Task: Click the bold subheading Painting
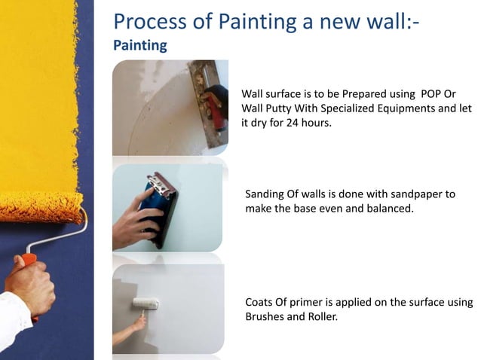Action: (139, 45)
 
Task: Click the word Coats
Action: (261, 303)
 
